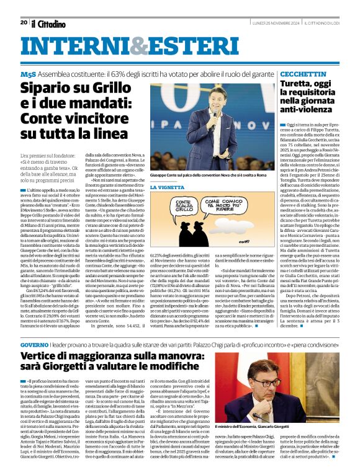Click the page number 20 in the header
24,22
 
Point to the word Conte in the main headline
44,120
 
